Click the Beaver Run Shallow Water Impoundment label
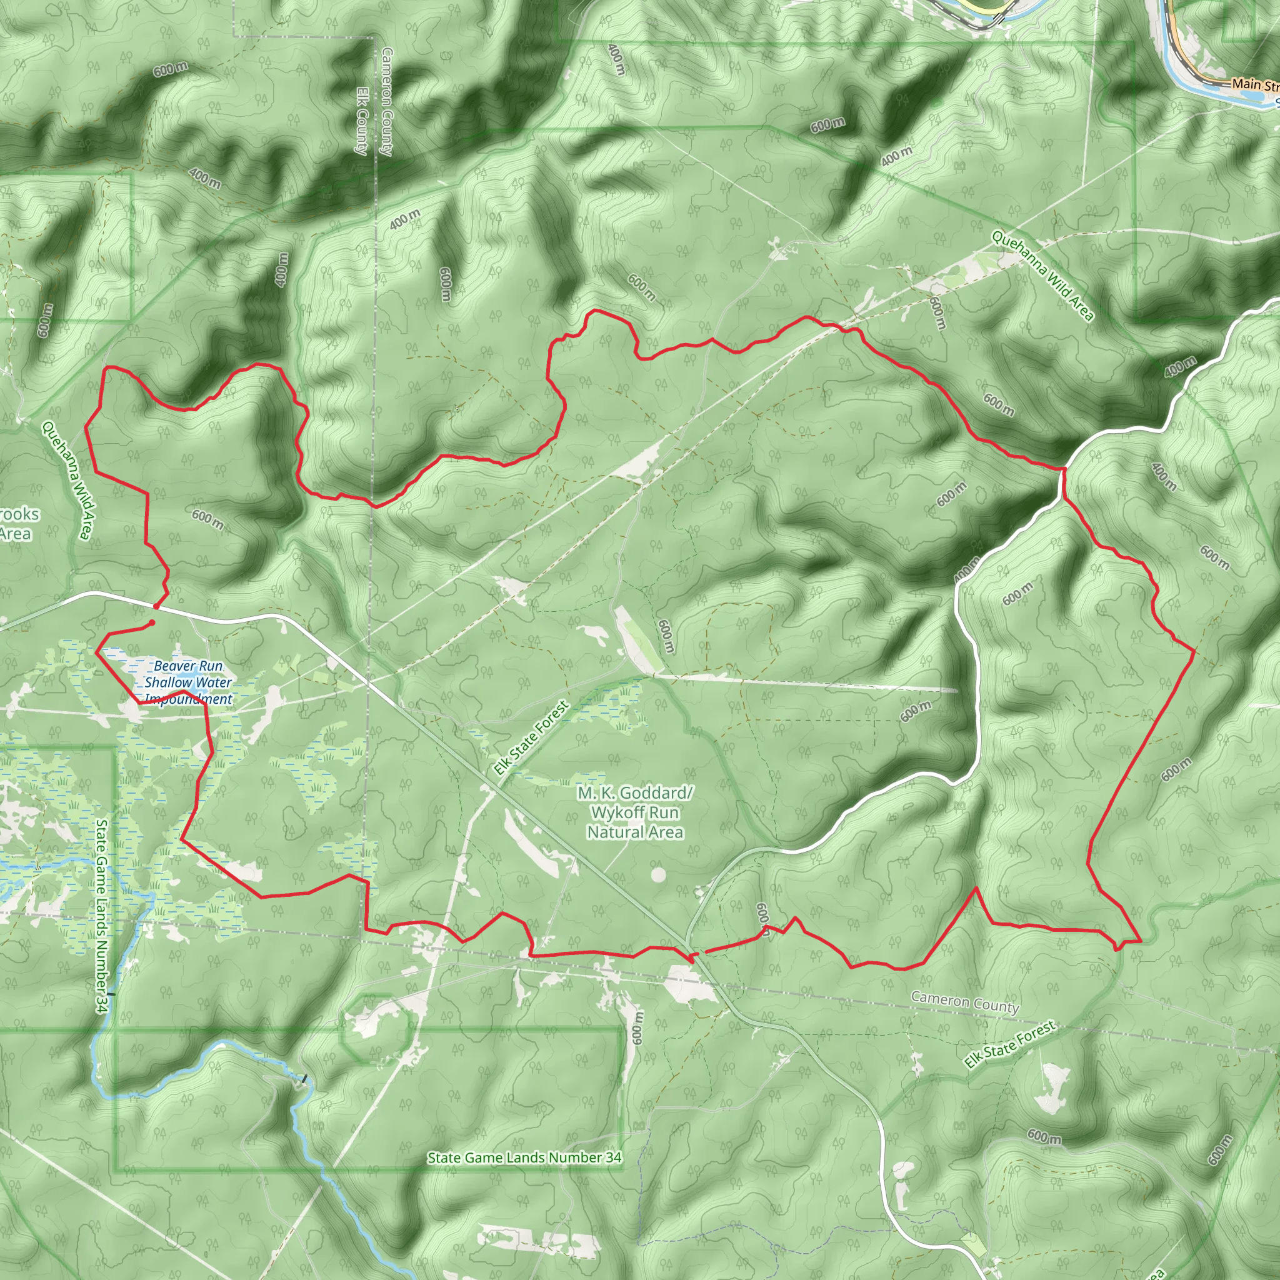[x=189, y=682]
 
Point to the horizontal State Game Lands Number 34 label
[x=524, y=1157]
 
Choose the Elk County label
[x=362, y=121]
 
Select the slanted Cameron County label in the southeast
[x=964, y=1002]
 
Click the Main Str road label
[x=1255, y=85]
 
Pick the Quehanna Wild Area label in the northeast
[x=1042, y=276]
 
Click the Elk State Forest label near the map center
[x=531, y=738]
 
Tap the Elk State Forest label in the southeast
[x=1010, y=1044]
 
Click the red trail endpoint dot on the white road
[x=156, y=606]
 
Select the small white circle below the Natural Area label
[x=658, y=875]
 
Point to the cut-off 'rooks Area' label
[x=19, y=523]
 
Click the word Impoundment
[x=189, y=699]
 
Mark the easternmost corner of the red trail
[x=1194, y=652]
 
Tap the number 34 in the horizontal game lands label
[x=613, y=1157]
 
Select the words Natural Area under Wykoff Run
[x=635, y=832]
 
